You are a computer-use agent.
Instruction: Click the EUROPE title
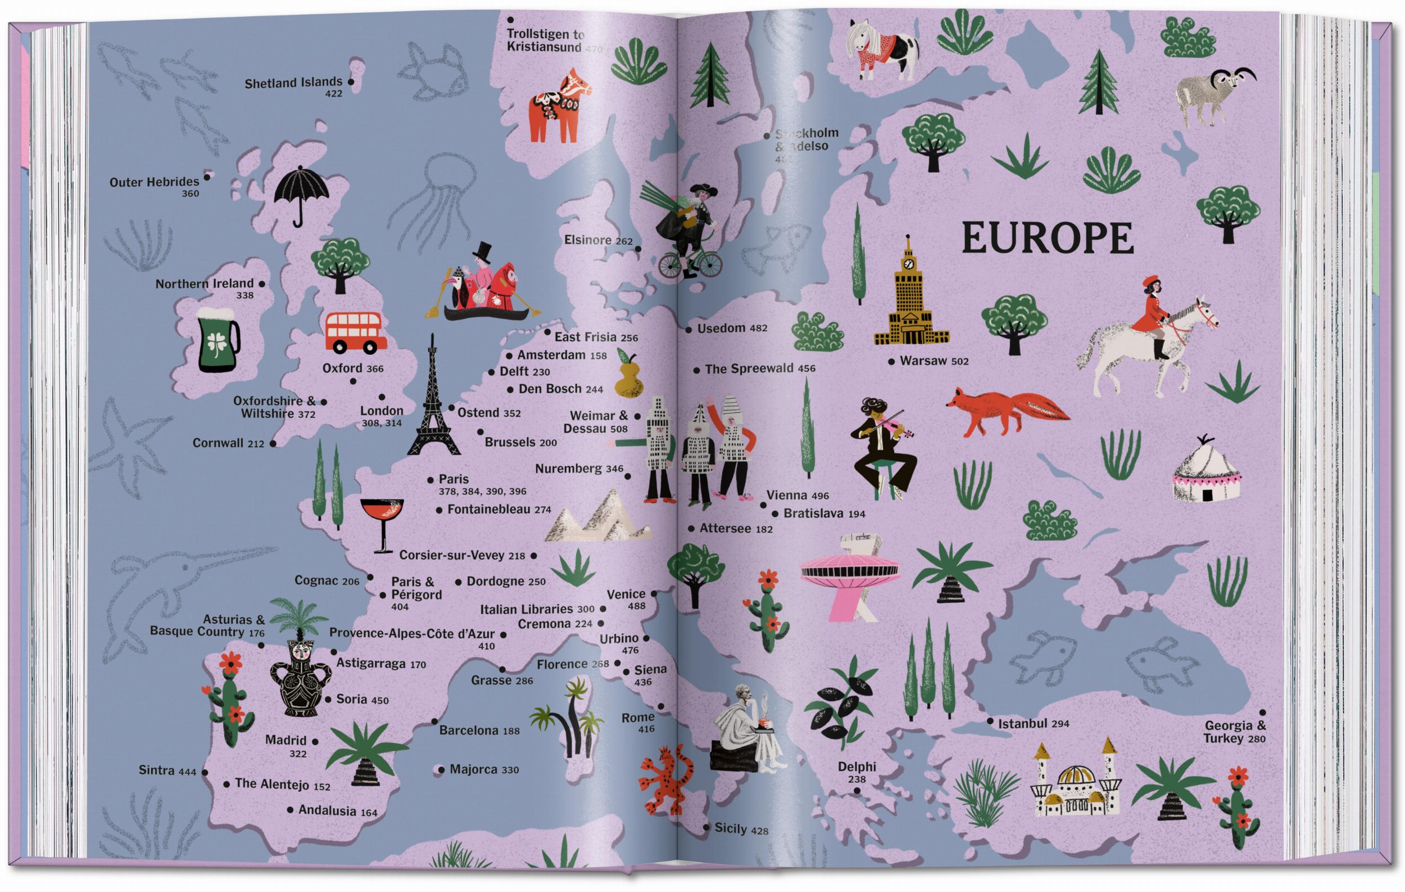point(1048,237)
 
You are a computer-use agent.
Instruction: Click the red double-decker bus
point(352,333)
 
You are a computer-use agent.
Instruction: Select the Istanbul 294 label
point(1034,724)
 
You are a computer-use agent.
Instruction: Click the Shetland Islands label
point(293,83)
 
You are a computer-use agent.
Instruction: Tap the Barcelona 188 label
point(479,730)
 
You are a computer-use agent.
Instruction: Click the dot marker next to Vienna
point(763,506)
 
